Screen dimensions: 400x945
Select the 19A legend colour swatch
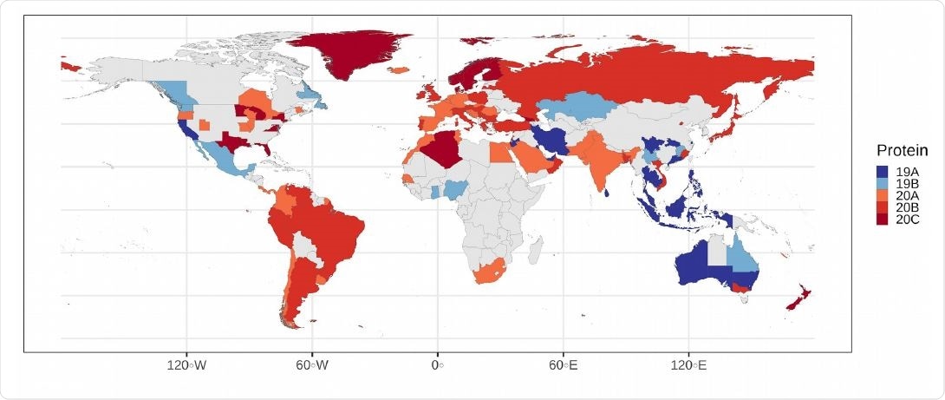point(883,172)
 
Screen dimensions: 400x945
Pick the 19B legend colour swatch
point(883,184)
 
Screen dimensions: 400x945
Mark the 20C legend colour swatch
point(883,220)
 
